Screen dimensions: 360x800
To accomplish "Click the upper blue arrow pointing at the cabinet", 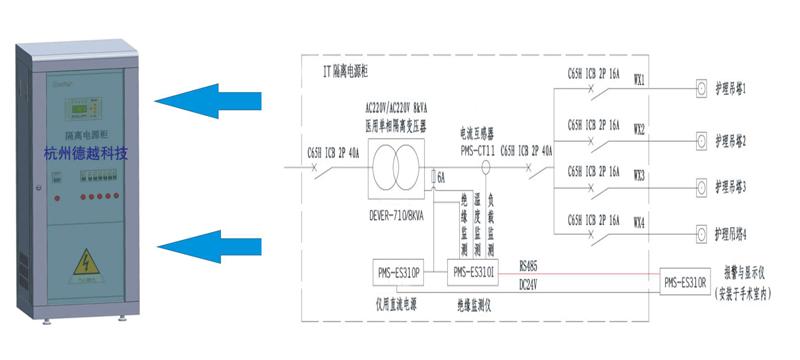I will (204, 99).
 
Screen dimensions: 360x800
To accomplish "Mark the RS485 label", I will (529, 265).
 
